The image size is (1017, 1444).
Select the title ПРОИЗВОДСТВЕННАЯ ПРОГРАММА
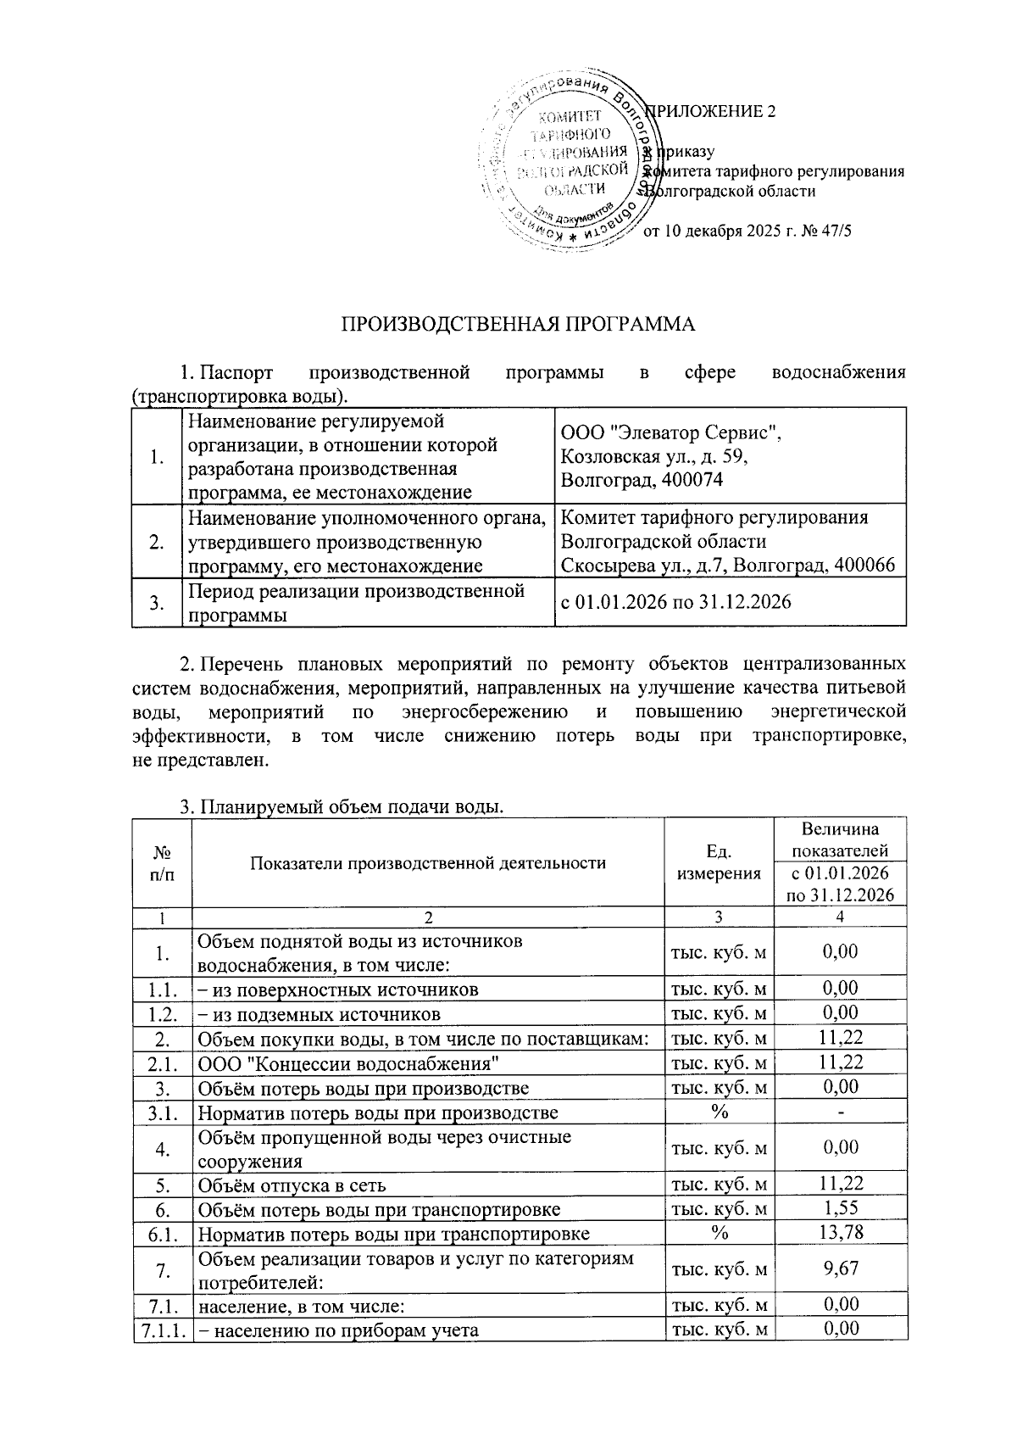pyautogui.click(x=517, y=325)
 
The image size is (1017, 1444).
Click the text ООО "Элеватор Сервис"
pyautogui.click(x=671, y=434)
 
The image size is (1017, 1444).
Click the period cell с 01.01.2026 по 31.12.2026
pyautogui.click(x=676, y=602)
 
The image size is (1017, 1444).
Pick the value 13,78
pyautogui.click(x=840, y=1233)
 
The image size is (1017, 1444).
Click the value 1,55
pyautogui.click(x=840, y=1208)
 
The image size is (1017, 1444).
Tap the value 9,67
pyautogui.click(x=840, y=1268)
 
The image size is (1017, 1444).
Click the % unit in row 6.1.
pyautogui.click(x=719, y=1233)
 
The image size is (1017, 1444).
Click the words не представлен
pyautogui.click(x=200, y=759)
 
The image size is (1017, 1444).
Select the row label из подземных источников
pyautogui.click(x=319, y=1014)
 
